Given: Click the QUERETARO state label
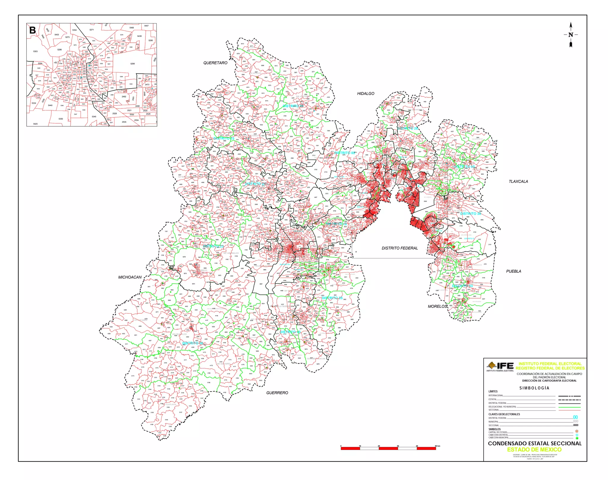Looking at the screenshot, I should [215, 63].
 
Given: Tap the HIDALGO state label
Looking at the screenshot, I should [365, 94].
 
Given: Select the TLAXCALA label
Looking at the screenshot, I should [518, 181].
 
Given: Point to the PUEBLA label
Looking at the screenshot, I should [514, 271].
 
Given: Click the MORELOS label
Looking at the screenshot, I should [437, 306].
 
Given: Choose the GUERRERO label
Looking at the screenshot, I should [277, 393].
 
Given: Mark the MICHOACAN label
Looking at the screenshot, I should [130, 277].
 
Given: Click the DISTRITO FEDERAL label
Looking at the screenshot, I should [400, 248].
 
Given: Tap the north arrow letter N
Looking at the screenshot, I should [571, 35].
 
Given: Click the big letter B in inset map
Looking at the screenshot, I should [32, 30].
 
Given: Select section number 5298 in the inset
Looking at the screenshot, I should [132, 64].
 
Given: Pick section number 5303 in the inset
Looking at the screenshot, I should [35, 51].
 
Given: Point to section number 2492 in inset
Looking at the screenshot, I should [124, 97].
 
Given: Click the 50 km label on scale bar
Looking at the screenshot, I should [438, 446].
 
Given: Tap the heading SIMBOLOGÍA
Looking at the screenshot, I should [534, 388].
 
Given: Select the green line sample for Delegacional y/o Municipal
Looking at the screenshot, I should [569, 407].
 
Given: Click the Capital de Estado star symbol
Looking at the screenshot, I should [577, 431].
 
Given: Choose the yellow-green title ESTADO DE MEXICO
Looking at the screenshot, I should [534, 449].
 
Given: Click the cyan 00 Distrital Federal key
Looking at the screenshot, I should [575, 417].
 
